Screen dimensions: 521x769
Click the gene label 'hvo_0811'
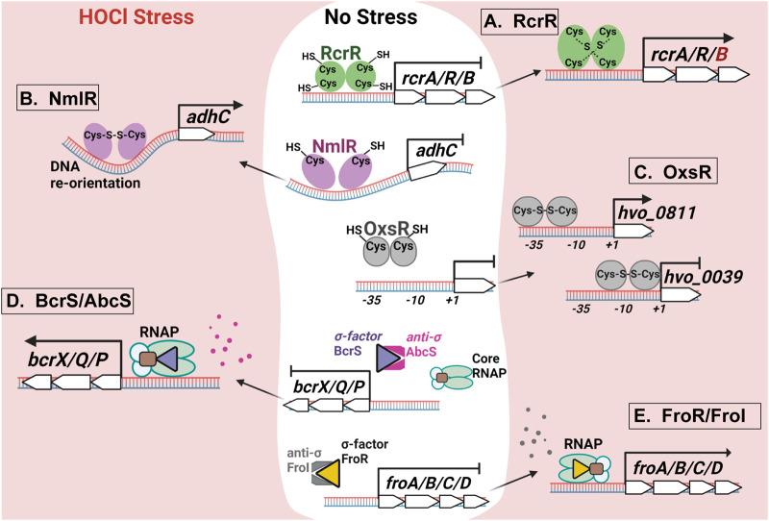coord(662,210)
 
